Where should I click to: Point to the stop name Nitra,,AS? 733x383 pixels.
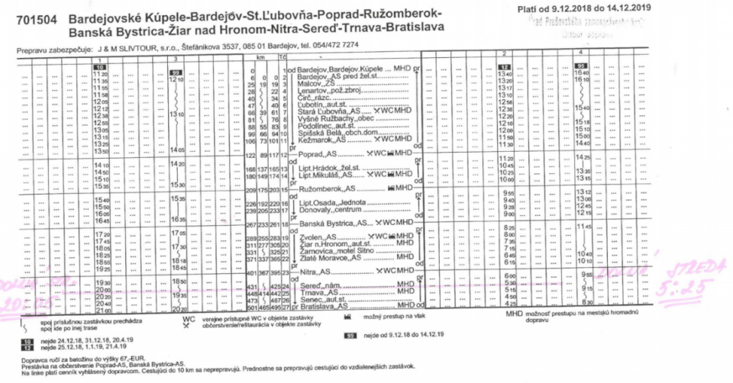click(x=315, y=271)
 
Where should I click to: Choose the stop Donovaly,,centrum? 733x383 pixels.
click(x=331, y=209)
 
